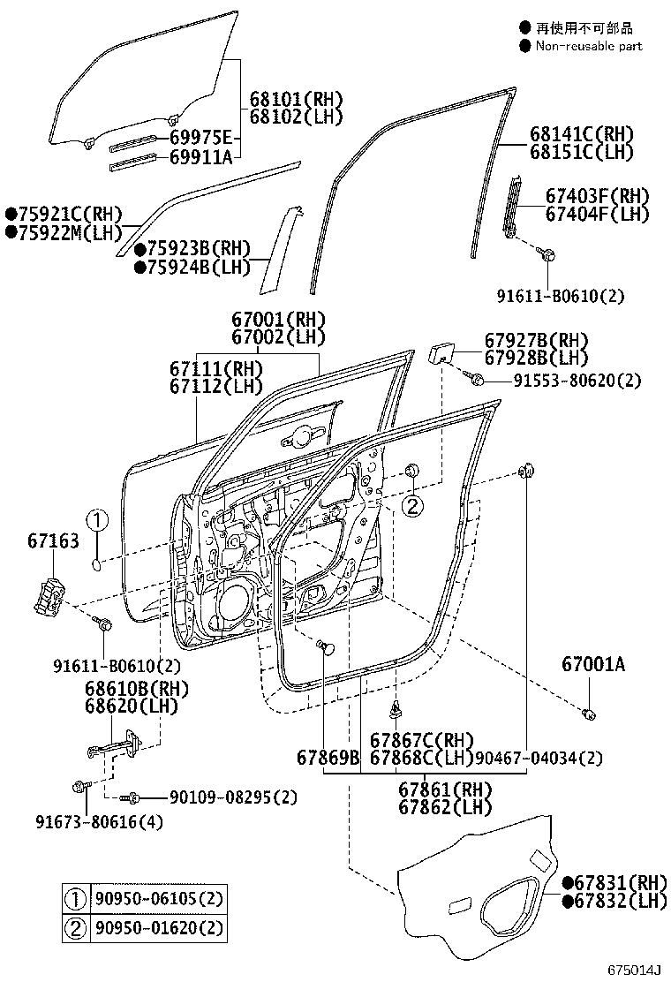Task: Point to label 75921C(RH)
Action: coord(64,215)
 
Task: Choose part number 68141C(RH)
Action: coord(582,134)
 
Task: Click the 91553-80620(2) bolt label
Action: coord(577,381)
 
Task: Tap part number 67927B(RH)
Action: coord(536,341)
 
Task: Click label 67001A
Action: coord(593,664)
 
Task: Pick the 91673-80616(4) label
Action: coord(100,822)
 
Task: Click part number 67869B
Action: coord(328,758)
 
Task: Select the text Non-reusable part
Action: coord(589,46)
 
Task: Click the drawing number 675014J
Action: coord(633,971)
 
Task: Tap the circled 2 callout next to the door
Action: coord(412,505)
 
